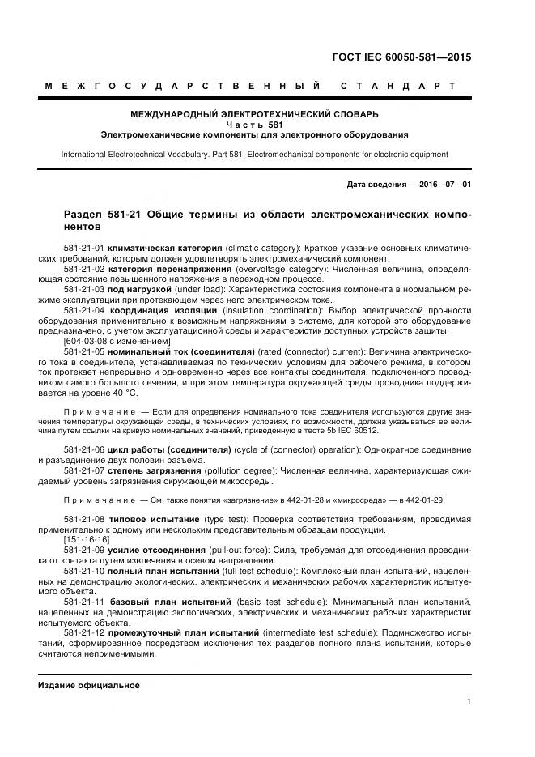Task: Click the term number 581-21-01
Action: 83,245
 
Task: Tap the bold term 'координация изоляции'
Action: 159,309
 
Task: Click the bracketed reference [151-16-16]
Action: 86,539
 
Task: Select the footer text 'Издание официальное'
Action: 89,685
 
